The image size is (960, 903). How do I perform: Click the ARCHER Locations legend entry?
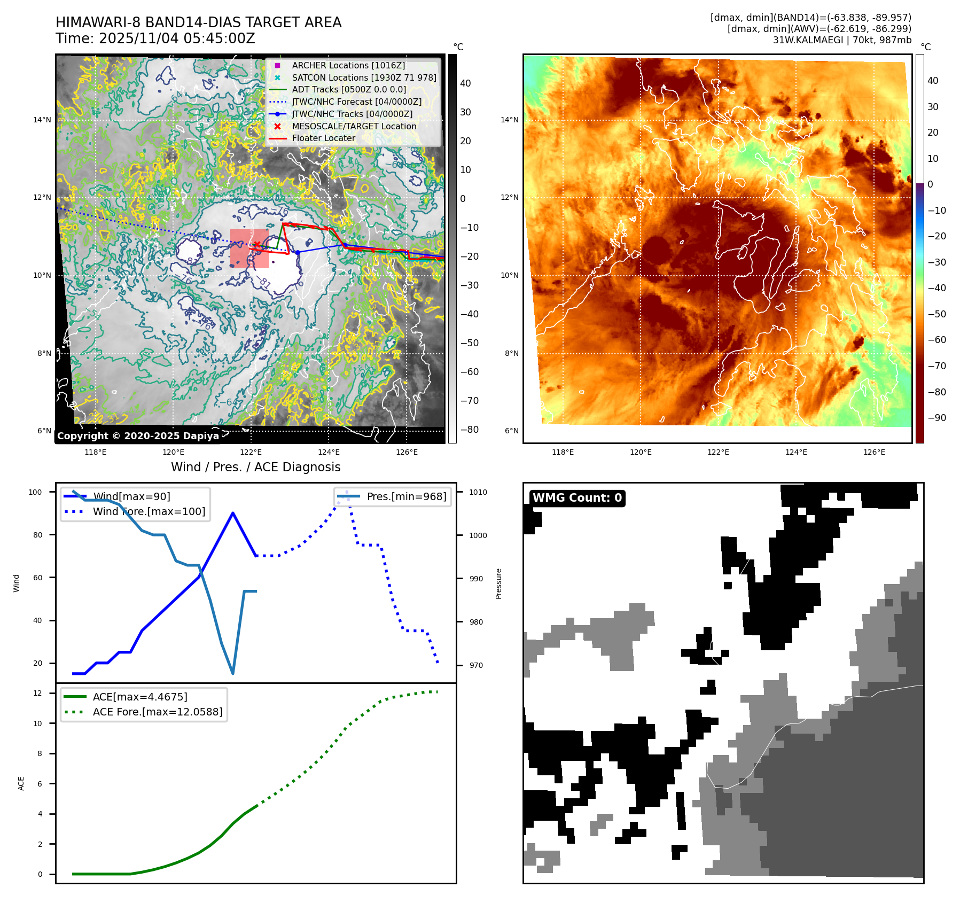tap(348, 65)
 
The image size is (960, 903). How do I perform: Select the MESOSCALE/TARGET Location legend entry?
tap(354, 126)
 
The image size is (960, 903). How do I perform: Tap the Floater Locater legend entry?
tap(323, 138)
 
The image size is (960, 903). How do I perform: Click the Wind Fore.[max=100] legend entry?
tap(149, 511)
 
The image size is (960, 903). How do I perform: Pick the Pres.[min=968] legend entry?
tap(406, 496)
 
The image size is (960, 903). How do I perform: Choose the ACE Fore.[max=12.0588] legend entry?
tap(157, 712)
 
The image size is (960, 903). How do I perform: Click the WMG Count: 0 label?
tap(577, 498)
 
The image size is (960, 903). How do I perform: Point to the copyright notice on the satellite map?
tap(138, 436)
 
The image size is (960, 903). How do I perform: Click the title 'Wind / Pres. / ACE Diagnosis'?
tap(255, 467)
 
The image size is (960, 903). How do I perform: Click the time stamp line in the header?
tap(155, 39)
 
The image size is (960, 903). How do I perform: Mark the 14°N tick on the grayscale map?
tap(42, 120)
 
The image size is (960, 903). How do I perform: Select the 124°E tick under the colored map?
tap(796, 452)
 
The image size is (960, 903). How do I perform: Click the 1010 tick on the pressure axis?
tap(478, 492)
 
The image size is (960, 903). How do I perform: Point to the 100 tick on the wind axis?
tap(35, 492)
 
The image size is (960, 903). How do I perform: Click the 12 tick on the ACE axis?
tap(37, 693)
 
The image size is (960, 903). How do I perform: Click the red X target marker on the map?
tap(257, 245)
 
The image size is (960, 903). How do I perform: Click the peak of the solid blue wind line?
tap(233, 513)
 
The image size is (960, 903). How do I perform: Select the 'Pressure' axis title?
tap(498, 583)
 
